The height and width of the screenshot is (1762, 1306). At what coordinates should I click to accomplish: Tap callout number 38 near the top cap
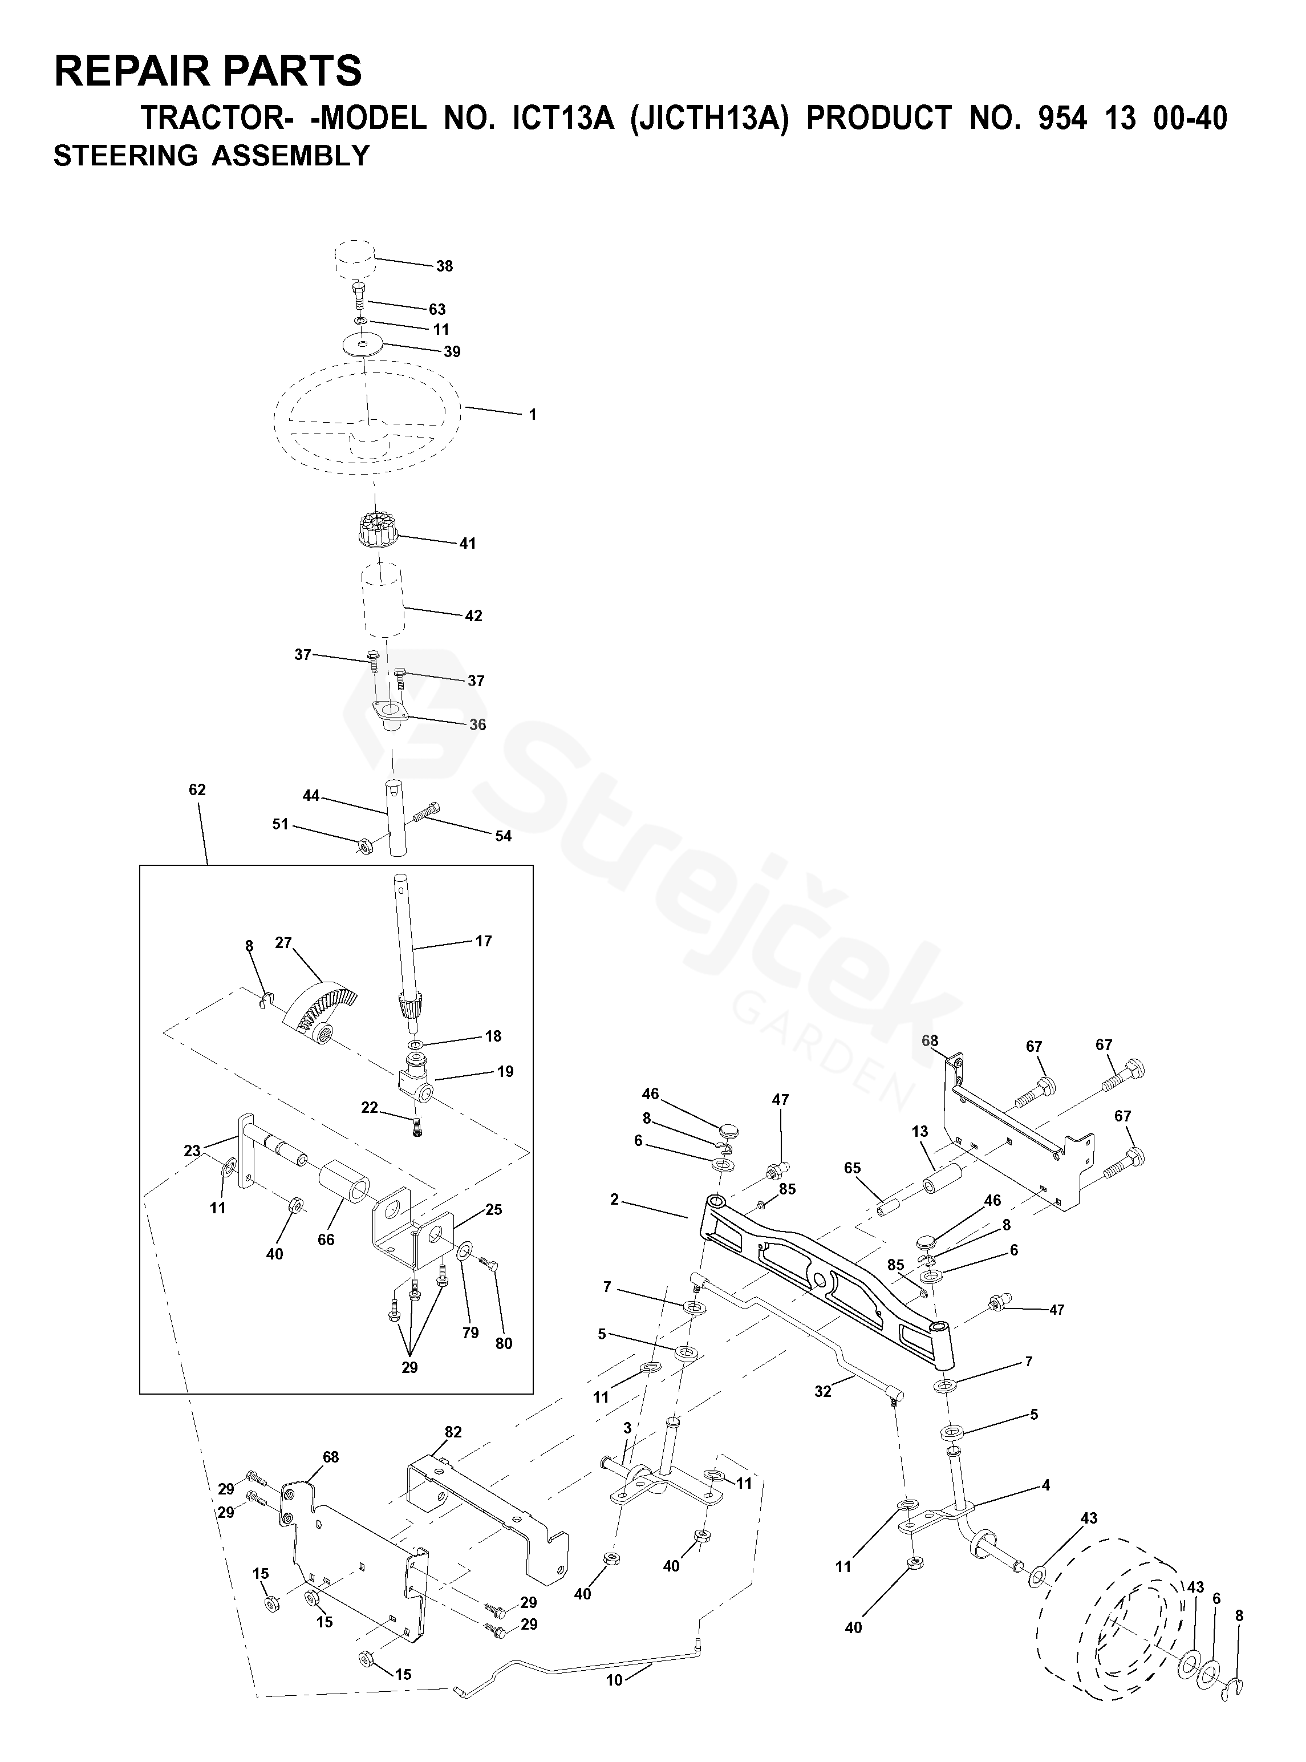(x=445, y=266)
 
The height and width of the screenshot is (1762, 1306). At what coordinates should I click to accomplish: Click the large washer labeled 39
(x=363, y=345)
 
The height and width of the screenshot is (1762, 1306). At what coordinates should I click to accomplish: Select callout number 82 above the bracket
(x=453, y=1432)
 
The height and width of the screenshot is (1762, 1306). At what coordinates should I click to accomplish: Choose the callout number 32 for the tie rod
(x=823, y=1391)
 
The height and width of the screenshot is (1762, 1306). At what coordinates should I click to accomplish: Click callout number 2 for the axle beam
(x=614, y=1199)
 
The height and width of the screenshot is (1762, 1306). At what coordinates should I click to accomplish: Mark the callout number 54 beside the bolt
(x=504, y=836)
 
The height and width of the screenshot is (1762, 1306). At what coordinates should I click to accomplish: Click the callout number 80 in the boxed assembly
(x=504, y=1343)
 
